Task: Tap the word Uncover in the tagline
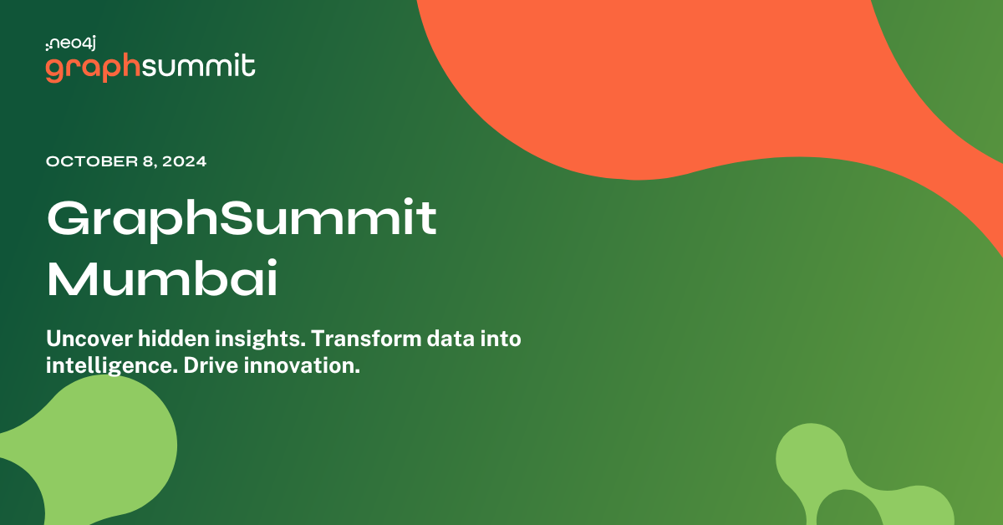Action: (86, 339)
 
